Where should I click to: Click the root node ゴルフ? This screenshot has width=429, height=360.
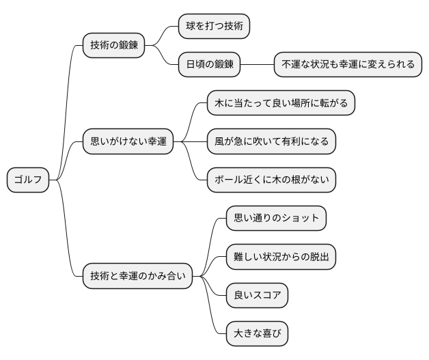pos(28,180)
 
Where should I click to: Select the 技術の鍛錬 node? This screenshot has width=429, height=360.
pos(113,46)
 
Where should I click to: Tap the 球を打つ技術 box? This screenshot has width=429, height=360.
pos(213,27)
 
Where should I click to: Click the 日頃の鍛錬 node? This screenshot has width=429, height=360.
pos(209,65)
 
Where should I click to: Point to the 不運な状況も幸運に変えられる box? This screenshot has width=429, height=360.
pos(348,65)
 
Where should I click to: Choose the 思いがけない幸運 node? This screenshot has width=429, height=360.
pos(127,142)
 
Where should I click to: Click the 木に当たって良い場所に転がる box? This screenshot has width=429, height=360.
pos(281,104)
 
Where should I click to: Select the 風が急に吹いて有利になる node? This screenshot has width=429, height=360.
pos(271,142)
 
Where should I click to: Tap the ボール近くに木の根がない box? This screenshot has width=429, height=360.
pos(271,180)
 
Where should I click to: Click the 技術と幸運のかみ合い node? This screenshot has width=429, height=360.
pos(137,277)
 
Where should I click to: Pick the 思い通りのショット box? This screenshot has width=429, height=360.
pos(276,219)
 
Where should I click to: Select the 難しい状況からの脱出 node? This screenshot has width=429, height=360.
pos(281,258)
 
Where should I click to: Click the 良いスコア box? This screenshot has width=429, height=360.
pos(257,296)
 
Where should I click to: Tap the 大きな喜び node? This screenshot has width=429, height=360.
pos(257,334)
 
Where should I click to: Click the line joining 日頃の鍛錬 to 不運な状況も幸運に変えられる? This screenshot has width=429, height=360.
pos(258,65)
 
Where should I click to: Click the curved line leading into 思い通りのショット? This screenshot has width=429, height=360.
pos(213,236)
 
